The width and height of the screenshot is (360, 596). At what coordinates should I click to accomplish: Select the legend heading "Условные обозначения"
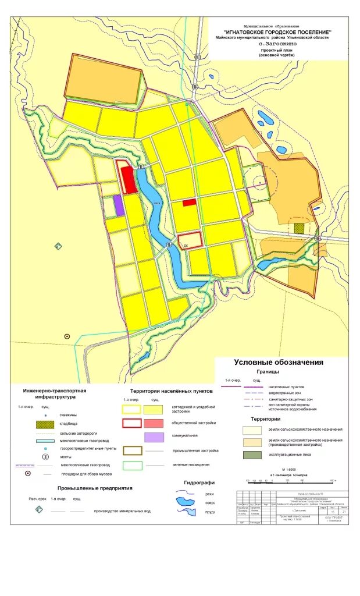pyautogui.click(x=279, y=363)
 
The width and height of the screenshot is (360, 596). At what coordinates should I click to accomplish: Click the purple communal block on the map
pyautogui.click(x=119, y=205)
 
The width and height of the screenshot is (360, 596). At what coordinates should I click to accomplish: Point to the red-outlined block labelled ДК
pyautogui.click(x=190, y=240)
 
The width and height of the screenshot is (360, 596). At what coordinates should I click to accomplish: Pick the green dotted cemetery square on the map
pyautogui.click(x=299, y=228)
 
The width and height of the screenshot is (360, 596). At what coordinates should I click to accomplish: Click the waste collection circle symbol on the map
pyautogui.click(x=67, y=336)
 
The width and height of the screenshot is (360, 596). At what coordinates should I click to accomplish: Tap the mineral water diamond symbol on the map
pyautogui.click(x=58, y=246)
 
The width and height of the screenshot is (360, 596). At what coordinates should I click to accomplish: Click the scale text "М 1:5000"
pyautogui.click(x=289, y=469)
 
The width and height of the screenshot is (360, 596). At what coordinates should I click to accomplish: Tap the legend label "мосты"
pyautogui.click(x=66, y=457)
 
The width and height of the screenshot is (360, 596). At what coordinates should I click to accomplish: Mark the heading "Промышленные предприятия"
pyautogui.click(x=95, y=488)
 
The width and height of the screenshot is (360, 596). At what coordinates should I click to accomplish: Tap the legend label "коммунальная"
pyautogui.click(x=186, y=435)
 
